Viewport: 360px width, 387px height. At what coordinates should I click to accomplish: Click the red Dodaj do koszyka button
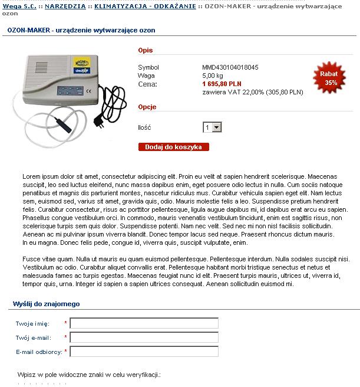(173, 147)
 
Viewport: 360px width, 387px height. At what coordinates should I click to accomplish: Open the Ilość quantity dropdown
(212, 127)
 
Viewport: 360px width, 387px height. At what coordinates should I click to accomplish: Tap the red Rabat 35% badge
(329, 78)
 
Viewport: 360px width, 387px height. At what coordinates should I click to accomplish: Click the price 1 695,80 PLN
(222, 84)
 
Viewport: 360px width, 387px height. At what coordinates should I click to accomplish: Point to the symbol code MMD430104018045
(230, 67)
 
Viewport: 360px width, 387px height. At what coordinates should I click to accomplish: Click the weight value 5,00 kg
(213, 76)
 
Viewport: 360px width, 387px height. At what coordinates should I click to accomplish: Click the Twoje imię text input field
(144, 323)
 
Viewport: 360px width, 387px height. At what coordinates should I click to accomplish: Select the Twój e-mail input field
(144, 337)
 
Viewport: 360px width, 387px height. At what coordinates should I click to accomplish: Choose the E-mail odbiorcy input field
(144, 352)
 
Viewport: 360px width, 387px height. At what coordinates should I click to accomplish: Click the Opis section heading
(145, 51)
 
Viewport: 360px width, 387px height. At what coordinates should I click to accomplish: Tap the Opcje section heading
(147, 107)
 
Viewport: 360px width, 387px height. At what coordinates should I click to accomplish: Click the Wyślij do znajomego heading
(46, 304)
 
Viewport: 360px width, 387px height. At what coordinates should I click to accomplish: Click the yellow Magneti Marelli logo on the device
(79, 62)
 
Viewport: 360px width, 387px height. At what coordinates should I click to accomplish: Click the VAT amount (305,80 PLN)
(285, 93)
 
